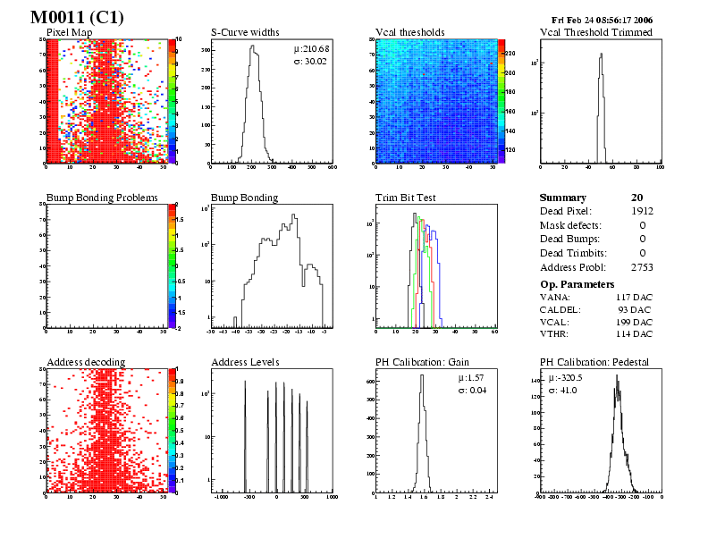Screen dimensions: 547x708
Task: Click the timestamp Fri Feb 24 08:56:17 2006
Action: click(603, 20)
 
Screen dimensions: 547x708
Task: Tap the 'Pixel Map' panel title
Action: click(68, 32)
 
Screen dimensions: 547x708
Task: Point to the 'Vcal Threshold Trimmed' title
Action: click(595, 32)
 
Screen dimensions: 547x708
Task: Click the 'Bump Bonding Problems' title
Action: click(102, 198)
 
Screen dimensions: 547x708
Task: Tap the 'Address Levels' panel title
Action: click(245, 362)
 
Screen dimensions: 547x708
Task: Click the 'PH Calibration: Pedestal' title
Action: click(594, 362)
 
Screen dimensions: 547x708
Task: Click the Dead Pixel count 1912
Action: click(641, 211)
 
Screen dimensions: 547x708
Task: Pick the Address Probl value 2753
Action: click(641, 267)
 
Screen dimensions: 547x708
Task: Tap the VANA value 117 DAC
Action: click(634, 296)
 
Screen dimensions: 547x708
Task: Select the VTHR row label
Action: click(554, 333)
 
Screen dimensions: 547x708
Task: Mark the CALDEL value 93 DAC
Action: click(636, 308)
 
